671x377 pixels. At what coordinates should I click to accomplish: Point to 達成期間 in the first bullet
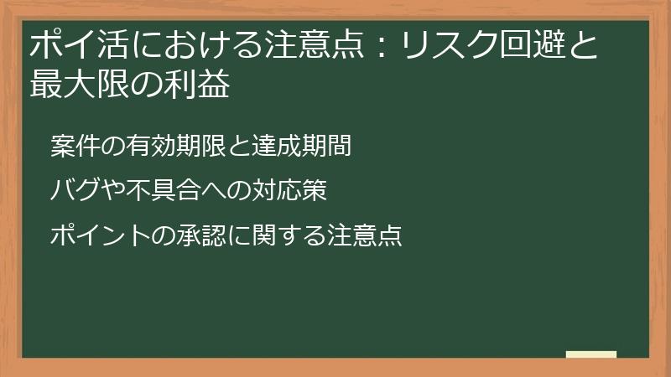(309, 146)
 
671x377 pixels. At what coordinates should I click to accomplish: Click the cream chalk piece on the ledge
(591, 354)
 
